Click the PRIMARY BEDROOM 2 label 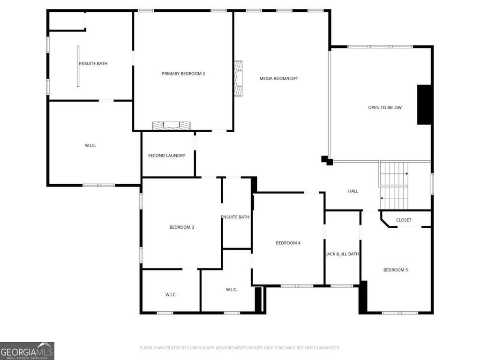point(183,74)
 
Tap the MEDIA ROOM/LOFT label point(278,78)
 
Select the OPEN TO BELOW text point(385,107)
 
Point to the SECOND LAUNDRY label point(166,156)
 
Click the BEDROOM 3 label point(181,227)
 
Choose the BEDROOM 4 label point(288,243)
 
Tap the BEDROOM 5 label point(395,270)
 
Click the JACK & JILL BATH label point(342,254)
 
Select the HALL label point(353,191)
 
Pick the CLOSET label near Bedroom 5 point(404,220)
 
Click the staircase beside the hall point(394,186)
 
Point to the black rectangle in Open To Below point(424,105)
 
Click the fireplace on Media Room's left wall point(239,78)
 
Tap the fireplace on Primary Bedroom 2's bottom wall point(171,126)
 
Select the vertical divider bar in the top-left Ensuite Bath point(78,66)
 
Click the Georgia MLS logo point(27,351)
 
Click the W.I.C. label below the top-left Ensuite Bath point(90,145)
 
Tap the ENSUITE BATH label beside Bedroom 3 point(235,217)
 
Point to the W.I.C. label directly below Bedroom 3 point(171,294)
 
